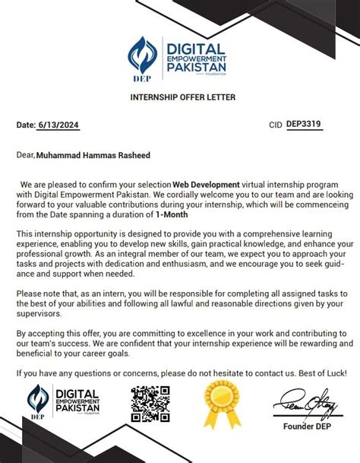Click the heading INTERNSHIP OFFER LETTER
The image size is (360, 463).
pos(180,97)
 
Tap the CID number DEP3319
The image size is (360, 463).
pos(302,124)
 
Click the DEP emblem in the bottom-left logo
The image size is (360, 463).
pos(37,403)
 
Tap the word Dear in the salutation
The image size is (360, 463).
pos(25,156)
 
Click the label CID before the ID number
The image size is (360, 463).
pos(276,125)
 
